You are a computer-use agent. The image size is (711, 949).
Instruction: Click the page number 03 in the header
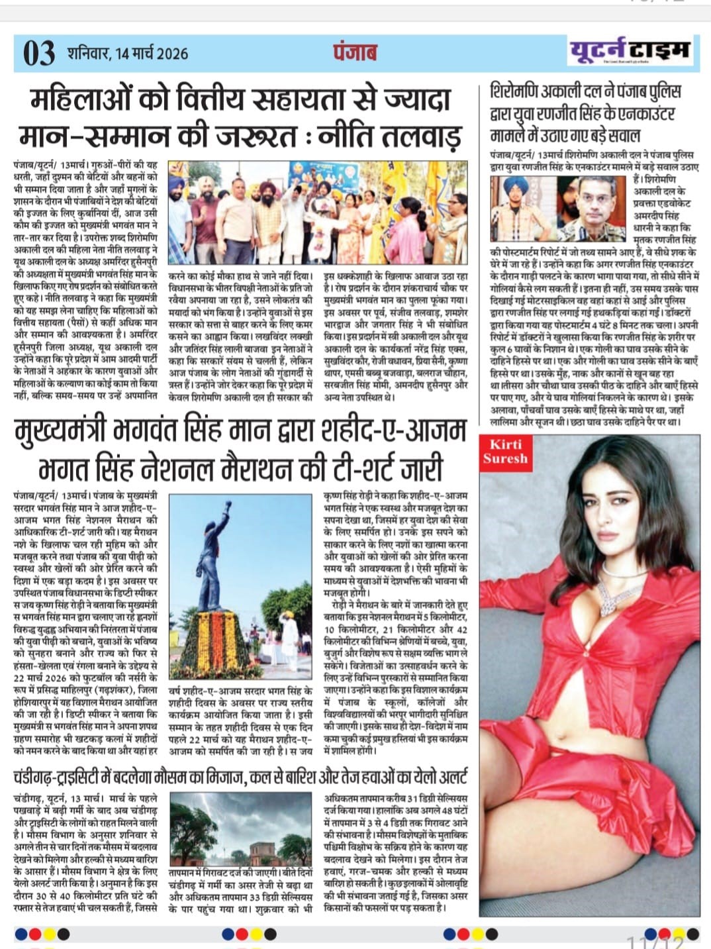[39, 54]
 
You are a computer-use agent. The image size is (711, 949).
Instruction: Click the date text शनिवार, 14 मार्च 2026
[127, 54]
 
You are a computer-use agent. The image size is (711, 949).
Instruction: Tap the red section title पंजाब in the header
[355, 52]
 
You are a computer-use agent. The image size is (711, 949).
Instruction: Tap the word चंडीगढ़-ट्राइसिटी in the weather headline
[77, 775]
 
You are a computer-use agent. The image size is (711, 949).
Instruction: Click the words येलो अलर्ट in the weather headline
[433, 775]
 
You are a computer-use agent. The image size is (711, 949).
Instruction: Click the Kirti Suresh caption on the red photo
[506, 451]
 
